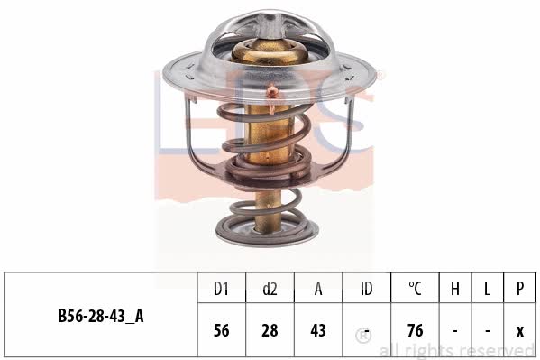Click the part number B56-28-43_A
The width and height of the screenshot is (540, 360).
[x=101, y=316]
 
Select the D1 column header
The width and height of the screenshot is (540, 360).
[x=221, y=289]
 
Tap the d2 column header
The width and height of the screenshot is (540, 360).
[x=270, y=289]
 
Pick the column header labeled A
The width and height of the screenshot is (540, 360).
[x=318, y=289]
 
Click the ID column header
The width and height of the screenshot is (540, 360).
[x=366, y=289]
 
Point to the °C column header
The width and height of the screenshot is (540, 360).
[x=415, y=289]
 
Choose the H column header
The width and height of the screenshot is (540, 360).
[x=455, y=289]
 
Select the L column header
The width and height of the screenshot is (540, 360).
[x=487, y=289]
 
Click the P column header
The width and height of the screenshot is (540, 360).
[x=519, y=289]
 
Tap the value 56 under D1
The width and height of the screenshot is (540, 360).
[x=221, y=330]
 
